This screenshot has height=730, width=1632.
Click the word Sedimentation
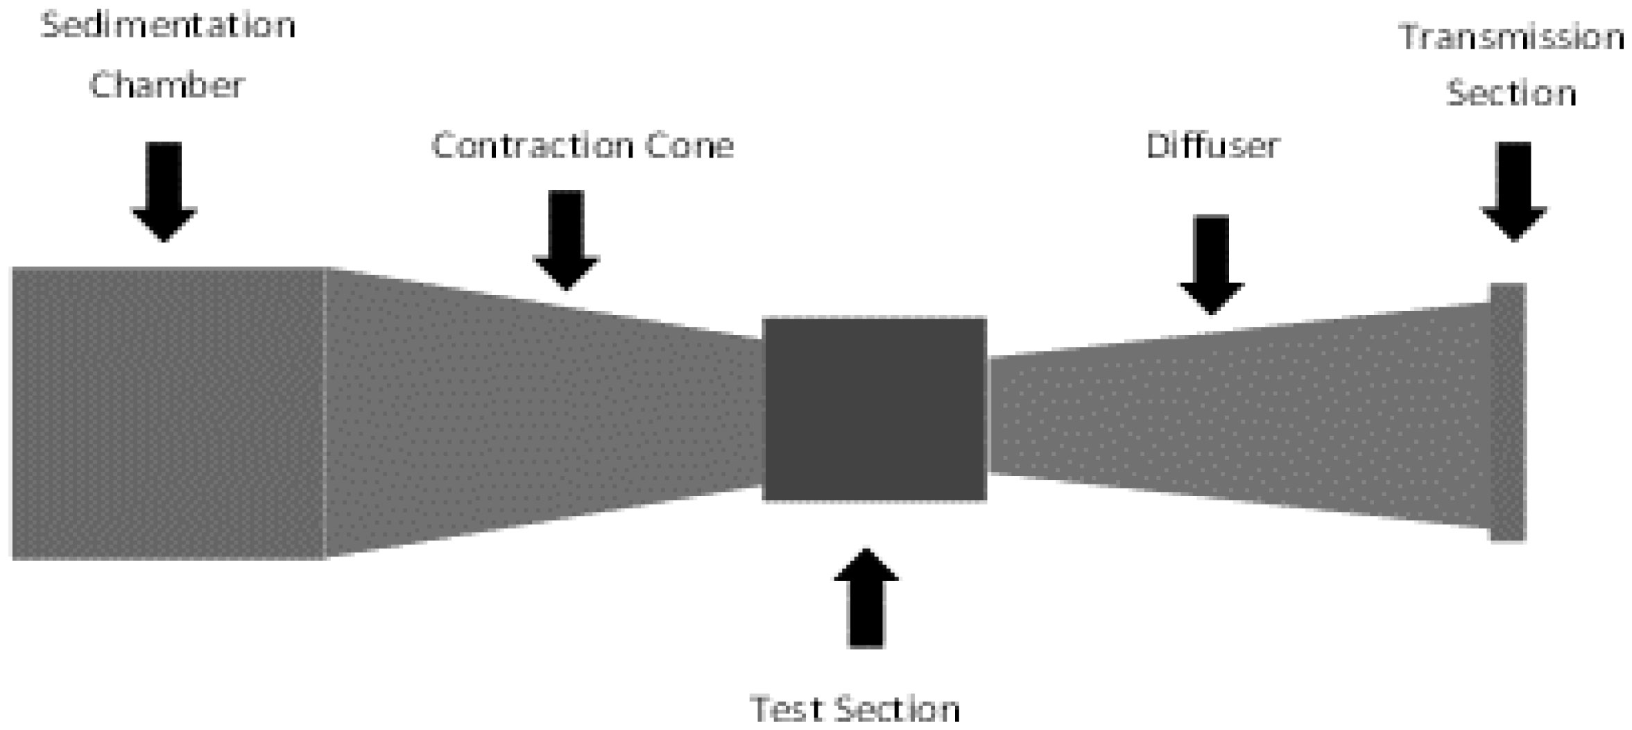coord(169,26)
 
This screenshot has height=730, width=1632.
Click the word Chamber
coord(167,86)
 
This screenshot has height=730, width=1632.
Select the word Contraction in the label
coord(532,146)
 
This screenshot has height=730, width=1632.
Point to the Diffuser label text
coord(1212,146)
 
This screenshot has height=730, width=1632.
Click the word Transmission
coord(1511,37)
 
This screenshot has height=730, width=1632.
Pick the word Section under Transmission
coord(1511,94)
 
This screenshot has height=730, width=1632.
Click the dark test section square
coord(874,409)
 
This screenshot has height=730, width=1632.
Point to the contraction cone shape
coord(541,413)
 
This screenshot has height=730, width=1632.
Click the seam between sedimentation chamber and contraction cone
coord(325,413)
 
